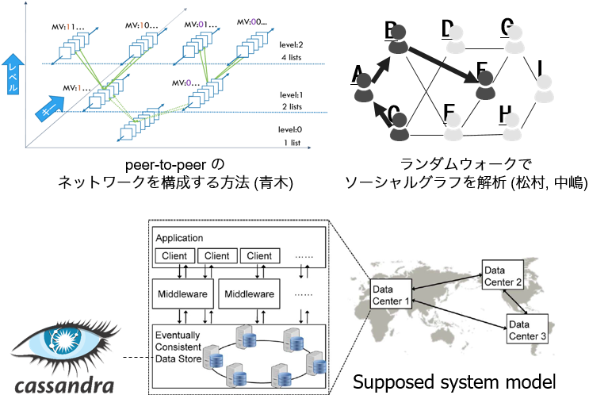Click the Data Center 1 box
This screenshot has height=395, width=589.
click(x=391, y=294)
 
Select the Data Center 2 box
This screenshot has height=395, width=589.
click(x=503, y=274)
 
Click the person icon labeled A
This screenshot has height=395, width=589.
click(x=363, y=85)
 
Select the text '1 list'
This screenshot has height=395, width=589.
click(x=293, y=143)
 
